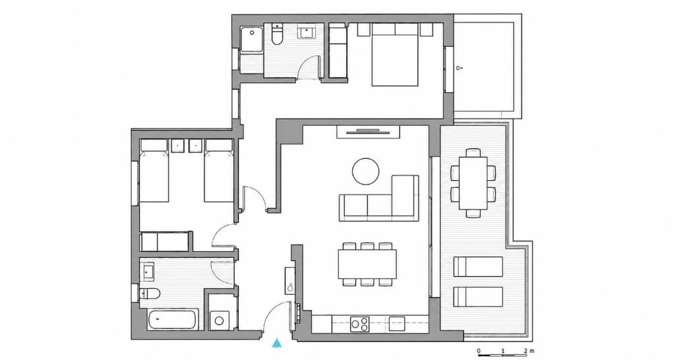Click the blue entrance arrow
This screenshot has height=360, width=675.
tap(278, 343)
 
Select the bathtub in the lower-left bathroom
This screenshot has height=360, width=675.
tap(173, 320)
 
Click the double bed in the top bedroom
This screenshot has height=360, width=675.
tap(396, 55)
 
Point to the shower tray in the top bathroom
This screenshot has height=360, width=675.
tap(252, 40)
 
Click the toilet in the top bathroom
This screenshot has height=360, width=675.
tap(277, 34)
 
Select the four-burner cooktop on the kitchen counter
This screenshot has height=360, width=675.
tap(360, 324)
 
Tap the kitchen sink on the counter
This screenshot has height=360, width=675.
tap(397, 323)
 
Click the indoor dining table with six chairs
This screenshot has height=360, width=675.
tap(367, 264)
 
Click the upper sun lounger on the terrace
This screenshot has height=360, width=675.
tap(479, 266)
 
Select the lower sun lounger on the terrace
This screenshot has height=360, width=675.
tap(479, 297)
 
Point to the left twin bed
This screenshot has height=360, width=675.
tap(154, 171)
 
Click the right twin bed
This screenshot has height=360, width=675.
tap(219, 171)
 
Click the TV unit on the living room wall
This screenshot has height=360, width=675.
tap(368, 132)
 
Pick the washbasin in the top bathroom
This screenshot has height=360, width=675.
tap(307, 32)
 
